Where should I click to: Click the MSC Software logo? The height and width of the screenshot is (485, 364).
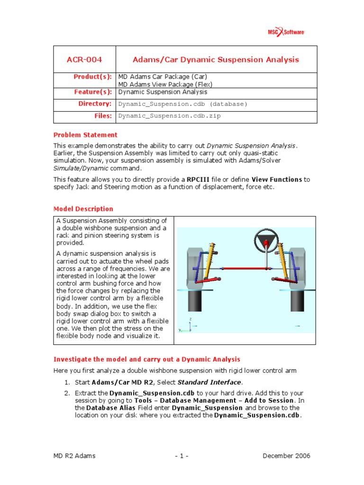286,32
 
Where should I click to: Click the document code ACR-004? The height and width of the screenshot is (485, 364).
84,60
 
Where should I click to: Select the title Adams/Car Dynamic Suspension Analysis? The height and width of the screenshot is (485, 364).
215,60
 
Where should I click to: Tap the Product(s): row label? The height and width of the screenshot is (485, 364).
92,77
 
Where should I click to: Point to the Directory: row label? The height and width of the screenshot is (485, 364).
95,104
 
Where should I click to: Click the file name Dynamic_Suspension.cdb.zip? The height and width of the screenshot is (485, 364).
169,116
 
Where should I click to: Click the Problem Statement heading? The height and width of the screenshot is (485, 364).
85,135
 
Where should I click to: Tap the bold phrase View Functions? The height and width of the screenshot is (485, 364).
277,180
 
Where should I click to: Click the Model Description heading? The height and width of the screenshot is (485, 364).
83,209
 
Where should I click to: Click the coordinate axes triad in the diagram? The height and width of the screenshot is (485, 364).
188,326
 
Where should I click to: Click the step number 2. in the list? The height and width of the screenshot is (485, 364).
67,393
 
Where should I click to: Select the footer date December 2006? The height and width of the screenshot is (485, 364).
286,456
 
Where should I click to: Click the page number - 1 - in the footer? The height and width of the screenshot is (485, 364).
182,456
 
